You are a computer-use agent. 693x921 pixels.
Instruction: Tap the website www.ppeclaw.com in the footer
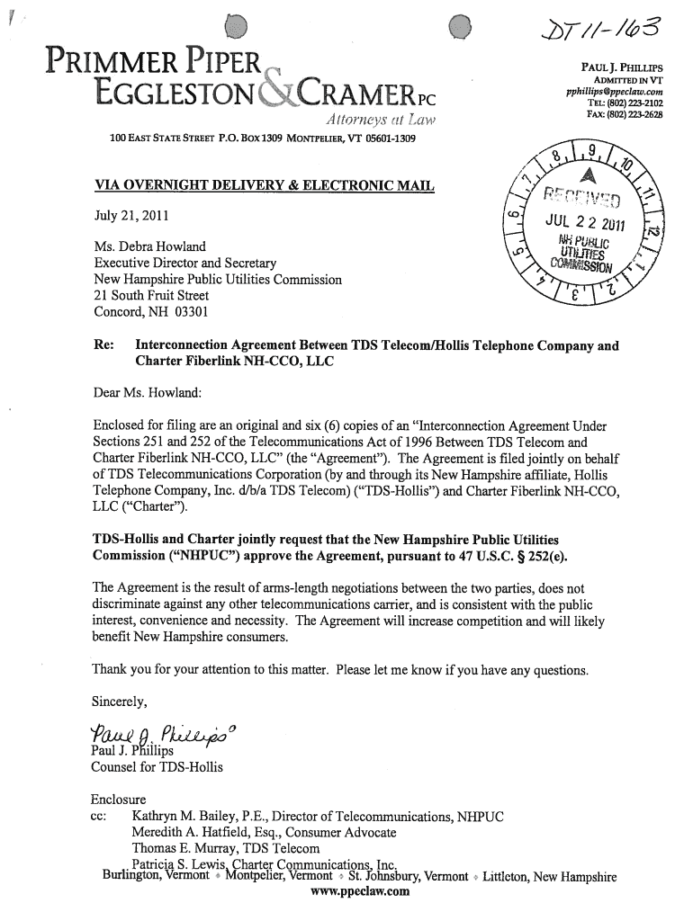360,893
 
